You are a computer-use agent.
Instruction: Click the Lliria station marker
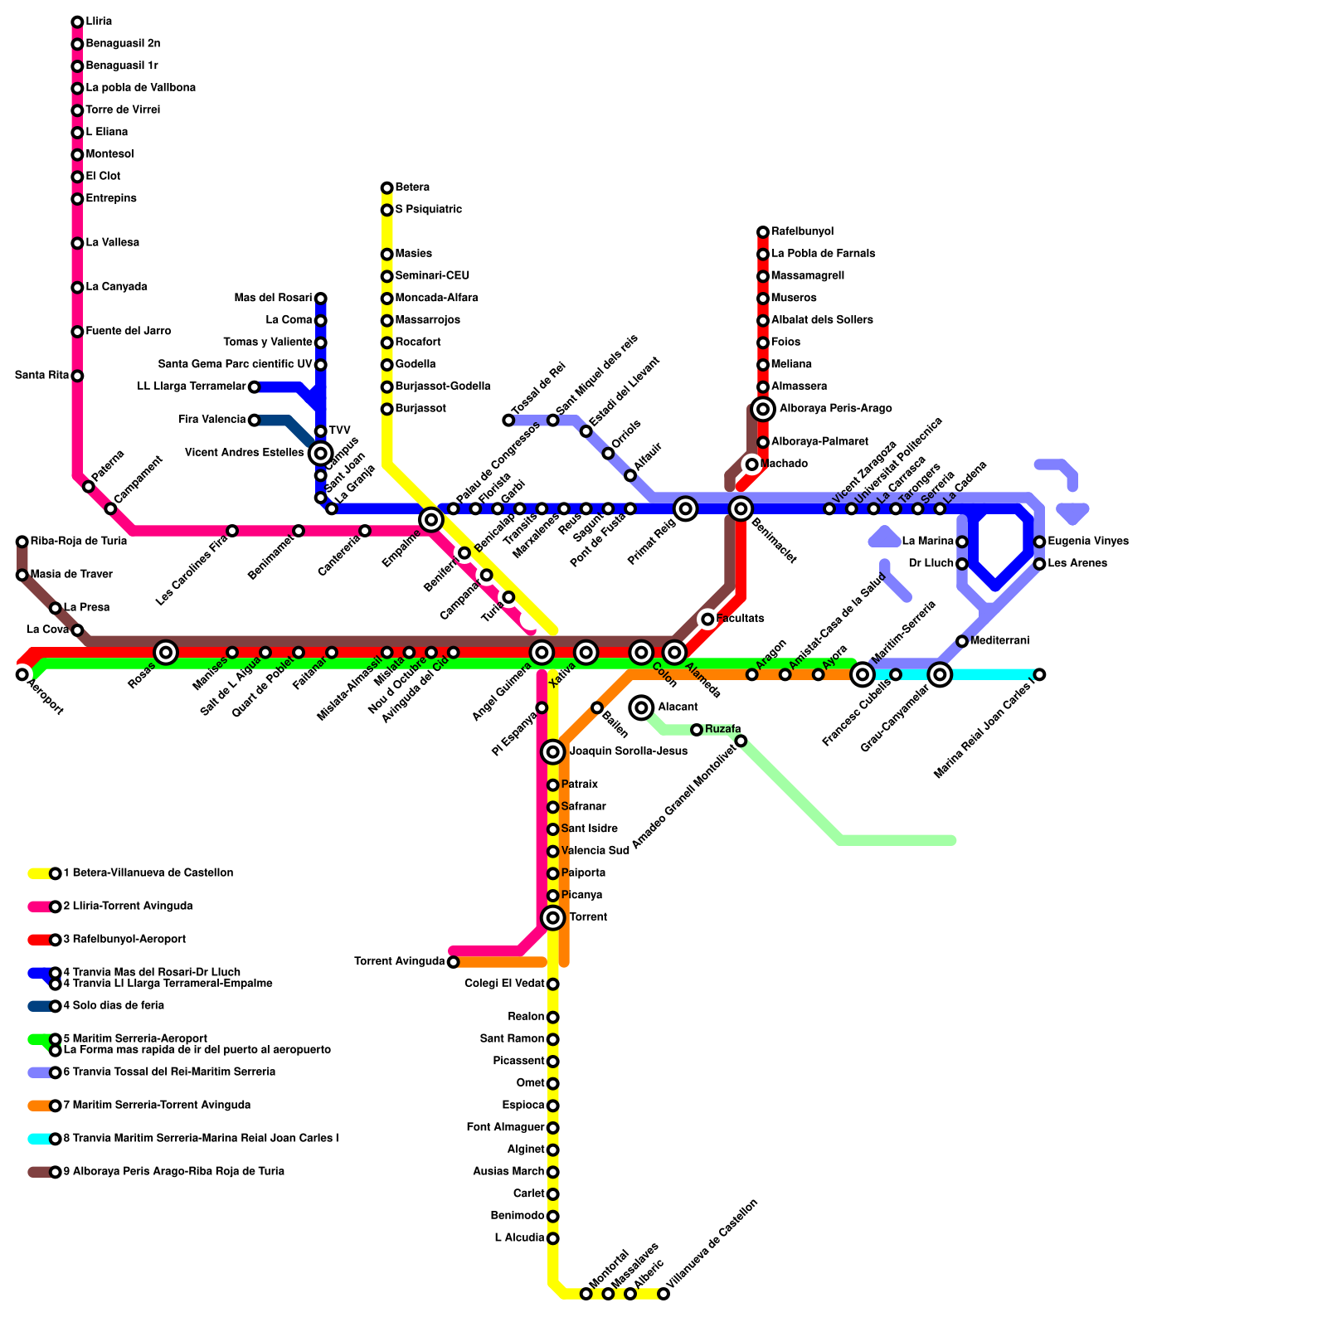(x=77, y=22)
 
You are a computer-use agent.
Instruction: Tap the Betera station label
(x=412, y=187)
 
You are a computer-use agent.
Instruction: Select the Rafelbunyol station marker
(x=763, y=232)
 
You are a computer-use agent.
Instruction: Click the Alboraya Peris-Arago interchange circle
(x=763, y=409)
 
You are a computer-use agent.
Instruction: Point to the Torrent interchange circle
(x=553, y=917)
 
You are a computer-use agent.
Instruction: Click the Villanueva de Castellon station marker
(x=663, y=1294)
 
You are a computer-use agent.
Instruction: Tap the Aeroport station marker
(x=22, y=674)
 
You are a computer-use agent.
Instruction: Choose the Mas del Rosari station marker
(x=321, y=299)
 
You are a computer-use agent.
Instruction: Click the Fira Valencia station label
(x=212, y=420)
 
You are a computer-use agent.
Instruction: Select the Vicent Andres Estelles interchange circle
(x=321, y=453)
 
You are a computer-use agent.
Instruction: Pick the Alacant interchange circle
(x=641, y=707)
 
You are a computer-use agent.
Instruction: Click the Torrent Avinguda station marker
(x=453, y=962)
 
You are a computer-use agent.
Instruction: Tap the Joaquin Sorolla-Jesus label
(x=628, y=751)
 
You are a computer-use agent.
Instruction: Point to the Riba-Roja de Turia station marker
(x=22, y=542)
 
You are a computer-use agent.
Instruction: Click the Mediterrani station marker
(x=962, y=641)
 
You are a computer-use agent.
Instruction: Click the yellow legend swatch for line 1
(x=39, y=873)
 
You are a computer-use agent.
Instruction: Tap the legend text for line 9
(x=173, y=1172)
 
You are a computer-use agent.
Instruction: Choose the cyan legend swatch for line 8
(x=39, y=1139)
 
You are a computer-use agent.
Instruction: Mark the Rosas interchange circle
(x=166, y=653)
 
